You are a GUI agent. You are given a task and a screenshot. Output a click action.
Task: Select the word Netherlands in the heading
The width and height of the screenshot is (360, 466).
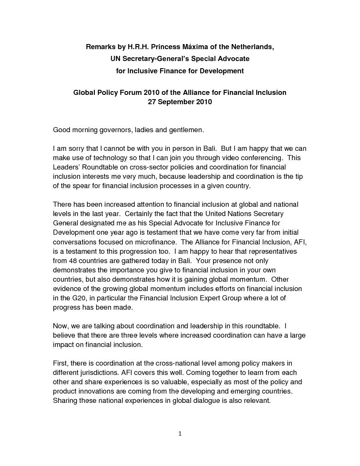(251, 47)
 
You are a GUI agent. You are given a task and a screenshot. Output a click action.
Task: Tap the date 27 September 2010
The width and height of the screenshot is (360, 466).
(180, 102)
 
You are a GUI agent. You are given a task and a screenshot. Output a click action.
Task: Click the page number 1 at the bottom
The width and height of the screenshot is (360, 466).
(180, 433)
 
